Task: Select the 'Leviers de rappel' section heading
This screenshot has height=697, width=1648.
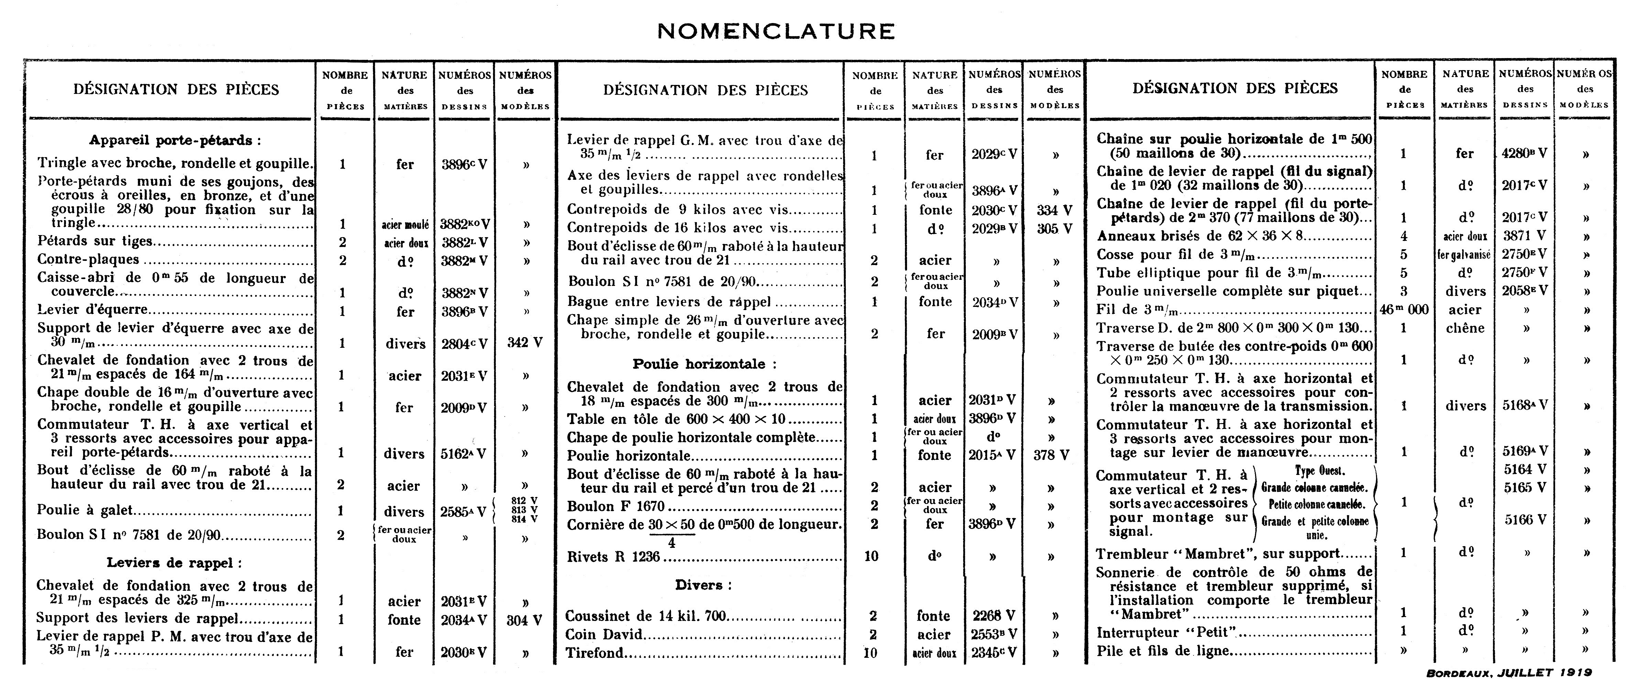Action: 174,563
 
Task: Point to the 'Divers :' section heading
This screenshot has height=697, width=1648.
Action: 703,585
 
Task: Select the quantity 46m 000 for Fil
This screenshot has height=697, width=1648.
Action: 1404,310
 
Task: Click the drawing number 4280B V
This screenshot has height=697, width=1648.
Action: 1525,154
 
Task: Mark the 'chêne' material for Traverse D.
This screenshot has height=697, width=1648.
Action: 1464,328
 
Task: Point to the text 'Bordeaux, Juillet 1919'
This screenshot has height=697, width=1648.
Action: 1508,673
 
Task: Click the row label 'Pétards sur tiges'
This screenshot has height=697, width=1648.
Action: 95,241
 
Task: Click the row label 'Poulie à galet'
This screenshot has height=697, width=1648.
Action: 85,510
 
